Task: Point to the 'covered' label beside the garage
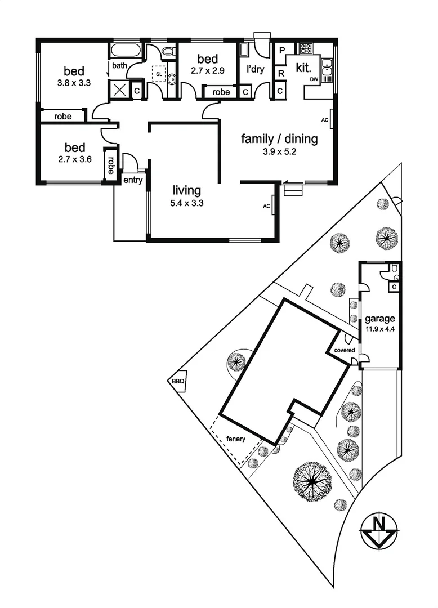345,350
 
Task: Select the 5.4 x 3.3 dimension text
187,204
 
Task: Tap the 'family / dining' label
279,138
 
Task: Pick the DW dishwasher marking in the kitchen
314,80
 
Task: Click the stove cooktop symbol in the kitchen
306,48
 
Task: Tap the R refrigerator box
280,73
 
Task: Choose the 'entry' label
134,180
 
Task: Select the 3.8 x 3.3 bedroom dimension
74,83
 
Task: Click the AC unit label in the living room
266,206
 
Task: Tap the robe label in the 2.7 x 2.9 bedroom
221,92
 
